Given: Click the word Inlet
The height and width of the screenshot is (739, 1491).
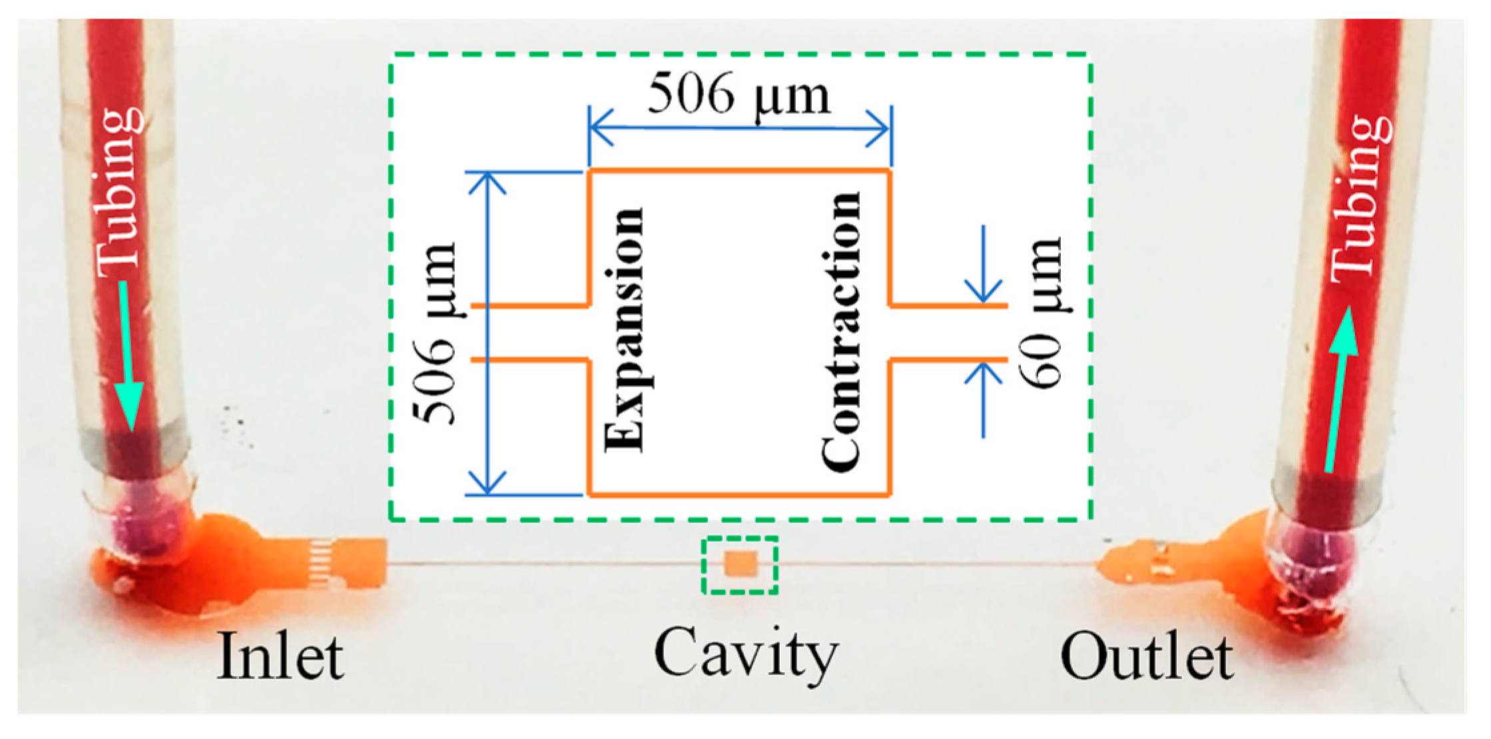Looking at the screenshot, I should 280,656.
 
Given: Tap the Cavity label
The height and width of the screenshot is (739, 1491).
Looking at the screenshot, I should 746,653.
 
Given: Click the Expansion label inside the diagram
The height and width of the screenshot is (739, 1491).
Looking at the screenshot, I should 625,330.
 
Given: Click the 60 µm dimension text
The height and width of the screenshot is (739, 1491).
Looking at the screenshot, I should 1040,313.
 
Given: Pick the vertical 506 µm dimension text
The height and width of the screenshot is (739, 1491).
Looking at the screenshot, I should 434,333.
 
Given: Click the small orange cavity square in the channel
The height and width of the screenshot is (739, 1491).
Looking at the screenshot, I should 740,564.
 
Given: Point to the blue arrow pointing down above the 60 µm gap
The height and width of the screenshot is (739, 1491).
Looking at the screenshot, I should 984,267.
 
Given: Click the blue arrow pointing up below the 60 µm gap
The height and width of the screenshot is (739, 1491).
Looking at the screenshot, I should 984,400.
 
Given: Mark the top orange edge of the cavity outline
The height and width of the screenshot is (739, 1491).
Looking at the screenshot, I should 739,171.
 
